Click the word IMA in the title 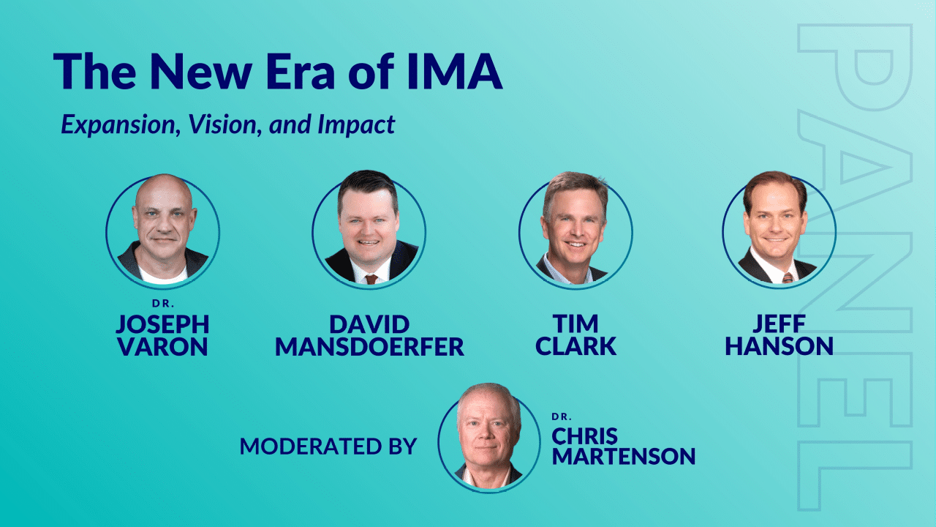pyautogui.click(x=455, y=71)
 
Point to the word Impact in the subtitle pyautogui.click(x=356, y=124)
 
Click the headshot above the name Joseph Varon pyautogui.click(x=163, y=230)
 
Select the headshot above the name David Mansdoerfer pyautogui.click(x=369, y=229)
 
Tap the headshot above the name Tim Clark pyautogui.click(x=575, y=230)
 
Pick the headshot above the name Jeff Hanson pyautogui.click(x=779, y=229)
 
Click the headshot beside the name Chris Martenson pyautogui.click(x=489, y=437)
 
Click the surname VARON pyautogui.click(x=162, y=347)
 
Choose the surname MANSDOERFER pyautogui.click(x=369, y=347)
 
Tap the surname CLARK pyautogui.click(x=575, y=347)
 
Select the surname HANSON pyautogui.click(x=780, y=347)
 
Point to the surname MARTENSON pyautogui.click(x=624, y=456)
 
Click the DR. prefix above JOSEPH pyautogui.click(x=163, y=304)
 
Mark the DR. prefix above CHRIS pyautogui.click(x=562, y=417)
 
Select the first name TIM pyautogui.click(x=575, y=324)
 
